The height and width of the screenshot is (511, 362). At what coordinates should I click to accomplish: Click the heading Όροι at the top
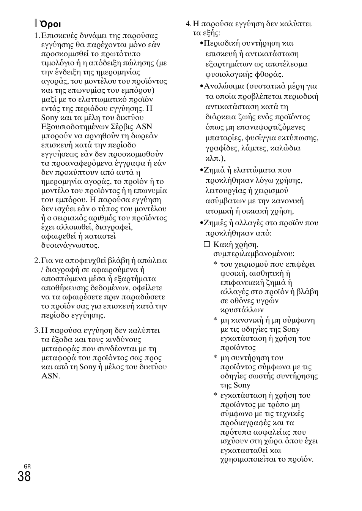[51, 24]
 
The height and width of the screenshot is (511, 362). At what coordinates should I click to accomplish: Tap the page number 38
[24, 476]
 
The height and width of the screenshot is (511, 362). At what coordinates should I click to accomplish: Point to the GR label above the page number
[27, 466]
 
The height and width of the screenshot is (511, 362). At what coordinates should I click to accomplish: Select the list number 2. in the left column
[36, 261]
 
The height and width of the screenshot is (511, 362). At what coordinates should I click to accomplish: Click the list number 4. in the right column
[189, 24]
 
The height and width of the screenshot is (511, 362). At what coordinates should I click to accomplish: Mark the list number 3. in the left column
[36, 331]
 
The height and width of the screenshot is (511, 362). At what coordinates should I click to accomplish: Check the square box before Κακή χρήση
[206, 244]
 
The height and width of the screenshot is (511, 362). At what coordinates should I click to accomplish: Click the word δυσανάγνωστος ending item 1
[70, 245]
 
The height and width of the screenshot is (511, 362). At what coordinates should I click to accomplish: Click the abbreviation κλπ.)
[215, 158]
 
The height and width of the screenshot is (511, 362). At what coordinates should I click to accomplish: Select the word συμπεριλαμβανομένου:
[253, 254]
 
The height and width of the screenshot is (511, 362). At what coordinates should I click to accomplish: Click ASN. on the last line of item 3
[50, 376]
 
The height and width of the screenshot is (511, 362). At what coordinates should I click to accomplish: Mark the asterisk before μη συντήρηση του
[215, 358]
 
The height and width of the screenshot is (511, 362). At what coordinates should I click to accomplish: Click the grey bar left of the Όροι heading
[36, 24]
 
